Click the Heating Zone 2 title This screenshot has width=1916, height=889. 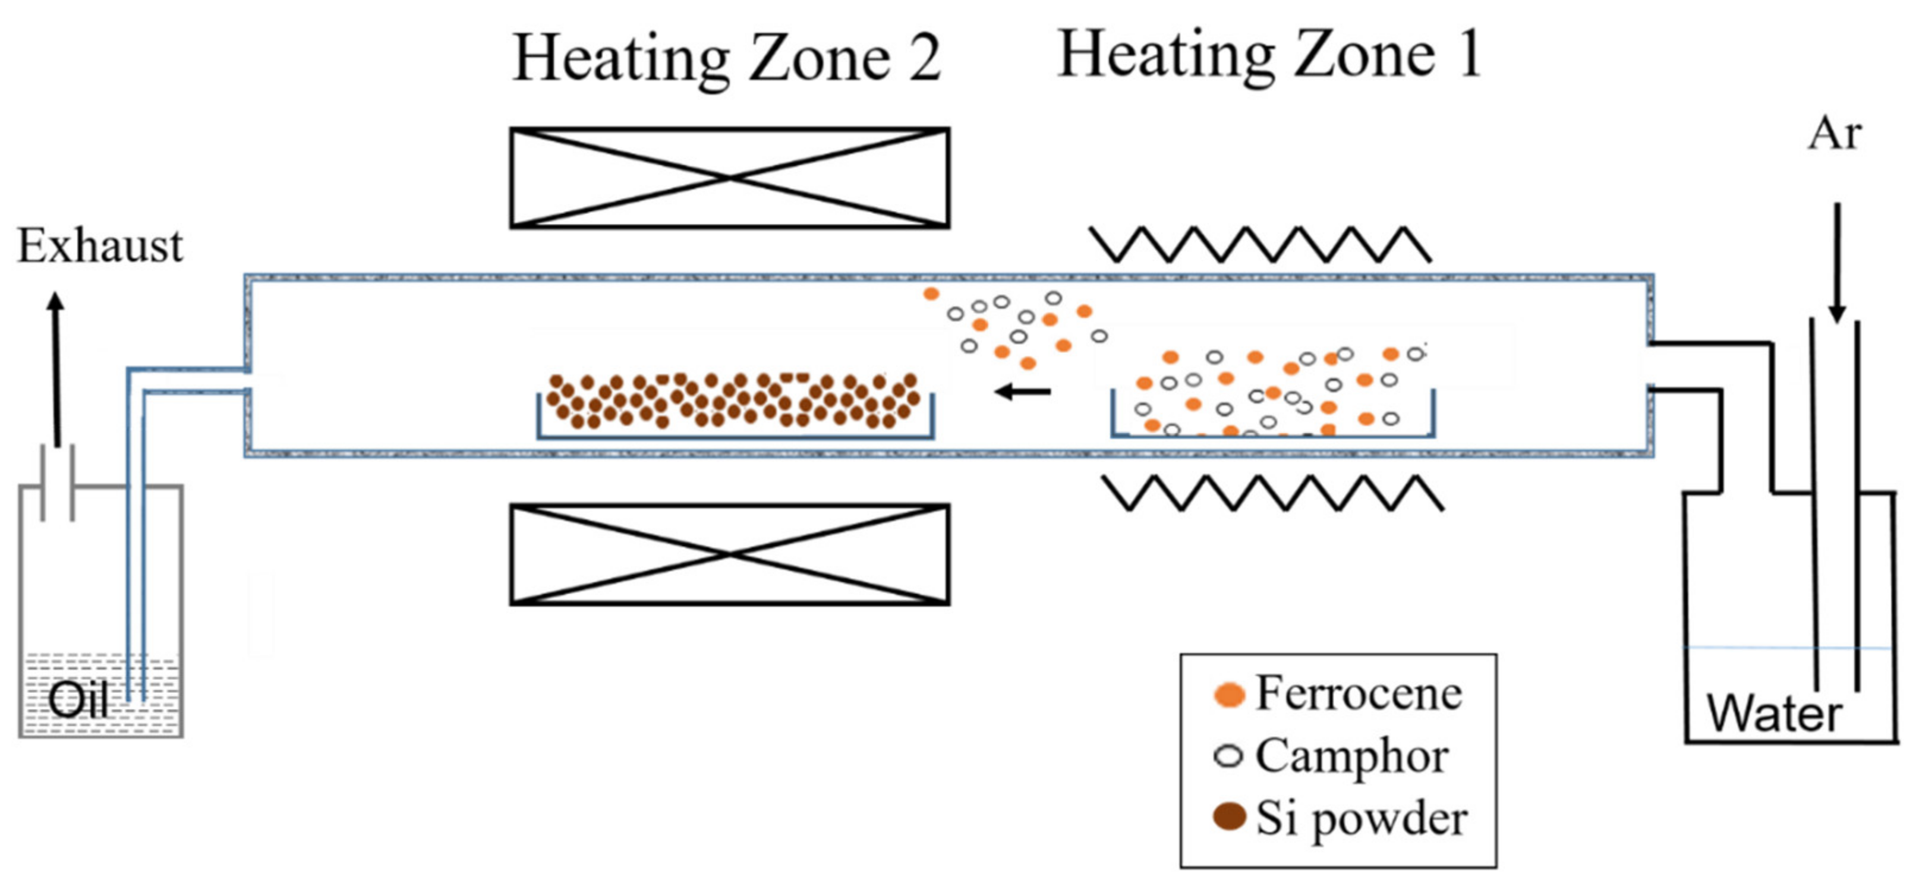click(x=727, y=59)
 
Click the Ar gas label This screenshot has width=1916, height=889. click(x=1835, y=135)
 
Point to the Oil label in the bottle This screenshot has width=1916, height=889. click(x=78, y=699)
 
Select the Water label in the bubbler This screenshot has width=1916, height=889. click(x=1774, y=714)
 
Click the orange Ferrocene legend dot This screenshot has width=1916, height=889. click(x=1229, y=694)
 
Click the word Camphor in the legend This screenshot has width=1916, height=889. click(x=1352, y=757)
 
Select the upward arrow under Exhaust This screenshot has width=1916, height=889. click(x=56, y=368)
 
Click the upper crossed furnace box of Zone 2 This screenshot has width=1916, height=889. click(x=729, y=178)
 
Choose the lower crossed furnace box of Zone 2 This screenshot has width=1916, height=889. click(x=729, y=554)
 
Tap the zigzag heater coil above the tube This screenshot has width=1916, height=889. click(x=1260, y=245)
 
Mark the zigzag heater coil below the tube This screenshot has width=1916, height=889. click(x=1274, y=493)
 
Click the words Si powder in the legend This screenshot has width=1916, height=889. click(x=1361, y=818)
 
